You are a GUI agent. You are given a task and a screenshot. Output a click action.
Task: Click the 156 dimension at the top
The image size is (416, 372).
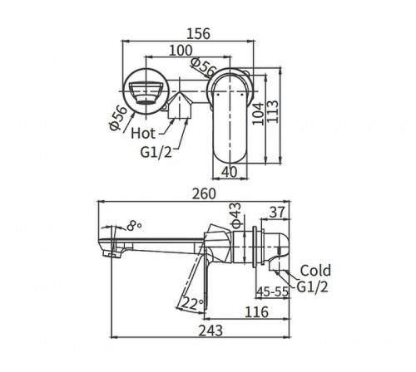click(x=197, y=34)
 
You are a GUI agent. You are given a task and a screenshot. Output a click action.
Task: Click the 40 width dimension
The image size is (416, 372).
click(x=230, y=171)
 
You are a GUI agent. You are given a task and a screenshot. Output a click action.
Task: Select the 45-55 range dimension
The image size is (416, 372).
click(x=272, y=292)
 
